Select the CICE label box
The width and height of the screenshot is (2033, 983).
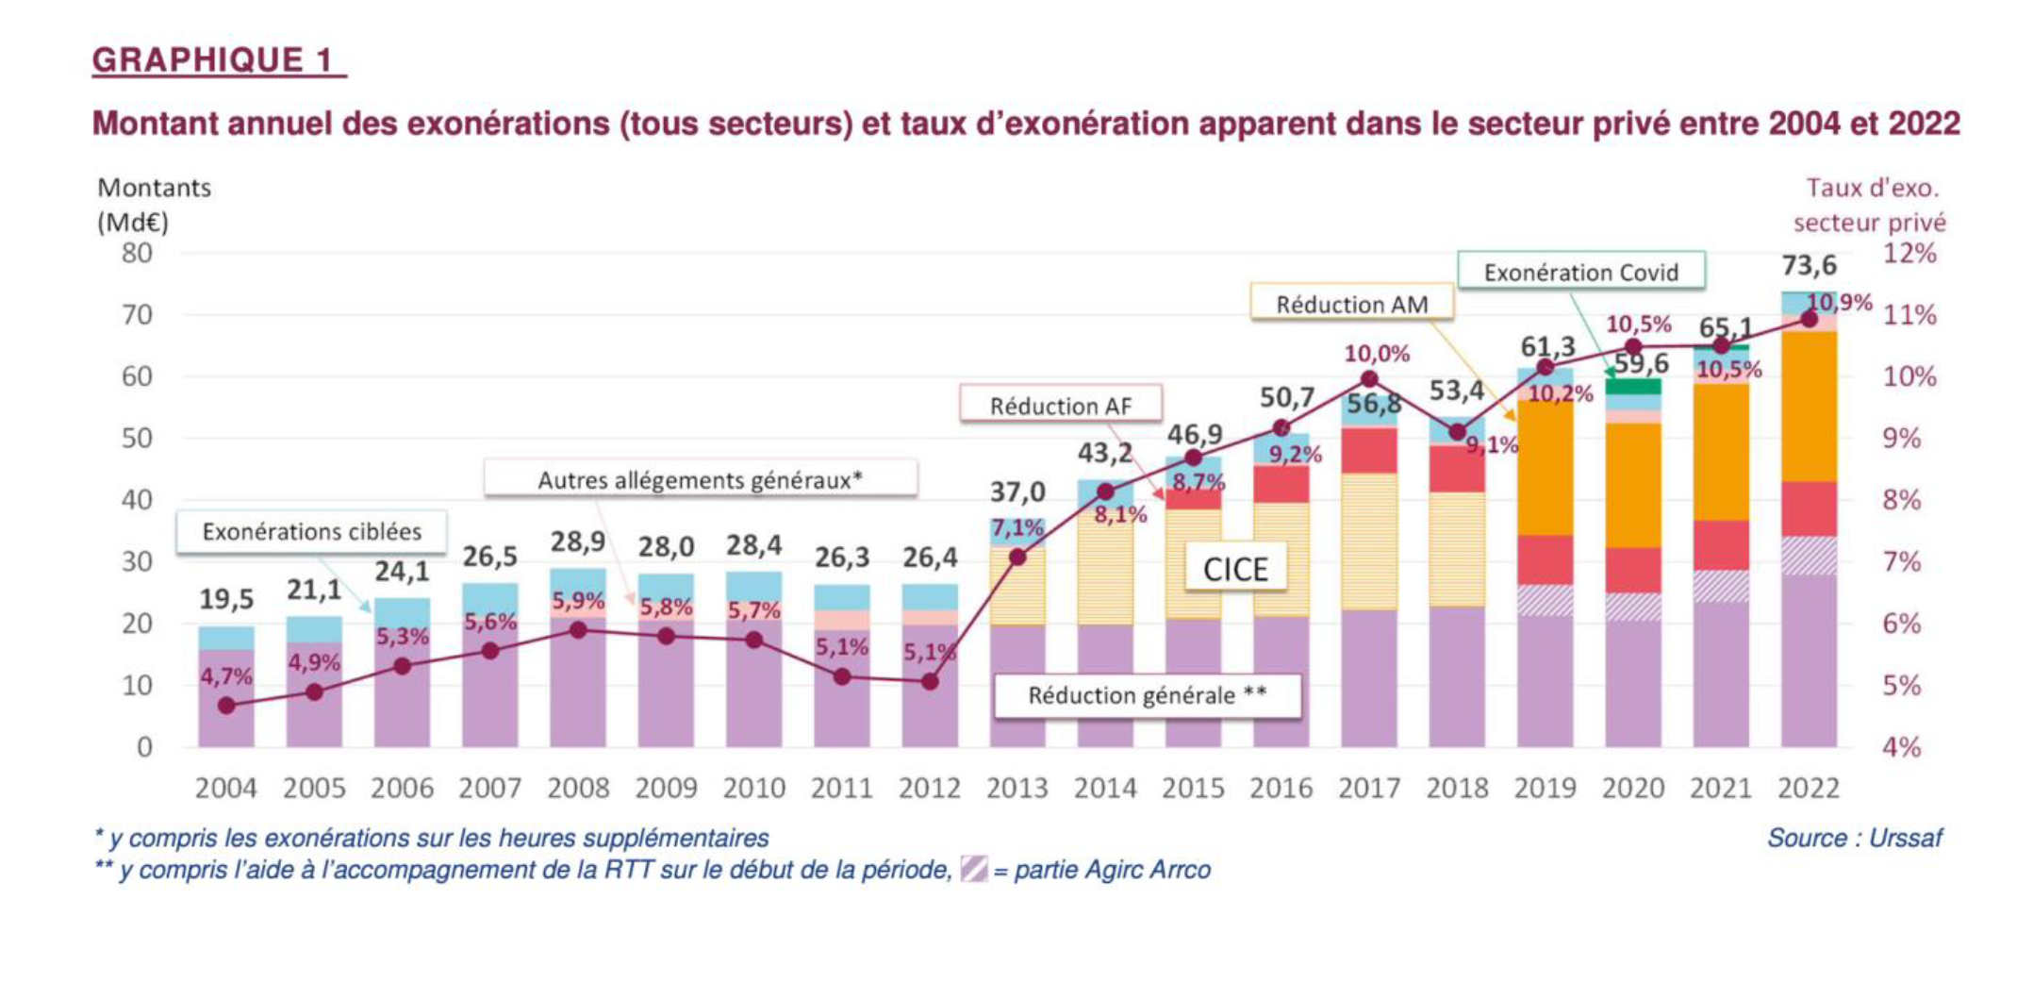(x=1235, y=569)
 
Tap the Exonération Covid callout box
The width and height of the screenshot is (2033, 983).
(x=1580, y=272)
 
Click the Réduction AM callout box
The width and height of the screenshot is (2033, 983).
(x=1351, y=304)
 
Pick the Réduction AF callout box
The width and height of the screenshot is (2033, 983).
(x=1060, y=406)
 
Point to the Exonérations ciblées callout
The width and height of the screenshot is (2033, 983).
(x=311, y=532)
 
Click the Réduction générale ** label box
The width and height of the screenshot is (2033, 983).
(x=1147, y=695)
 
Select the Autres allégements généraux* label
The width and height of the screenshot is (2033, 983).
(x=700, y=480)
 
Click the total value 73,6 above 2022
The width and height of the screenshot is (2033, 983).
(x=1808, y=266)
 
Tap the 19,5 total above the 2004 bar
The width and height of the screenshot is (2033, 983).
(x=226, y=599)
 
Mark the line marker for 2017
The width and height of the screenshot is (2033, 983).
(x=1369, y=379)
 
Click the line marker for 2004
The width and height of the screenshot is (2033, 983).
(x=226, y=705)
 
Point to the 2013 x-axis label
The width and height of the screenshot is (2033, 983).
(x=1017, y=788)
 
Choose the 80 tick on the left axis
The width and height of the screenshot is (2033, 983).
(x=137, y=253)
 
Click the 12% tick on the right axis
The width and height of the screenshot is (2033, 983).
(x=1909, y=253)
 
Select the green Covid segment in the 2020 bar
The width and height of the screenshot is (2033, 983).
(x=1633, y=386)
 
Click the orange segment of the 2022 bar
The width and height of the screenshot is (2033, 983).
(x=1809, y=406)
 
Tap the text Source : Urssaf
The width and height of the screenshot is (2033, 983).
(x=1854, y=838)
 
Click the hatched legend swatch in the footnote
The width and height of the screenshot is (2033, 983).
(x=973, y=869)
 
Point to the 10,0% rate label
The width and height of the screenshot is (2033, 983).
(x=1377, y=354)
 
